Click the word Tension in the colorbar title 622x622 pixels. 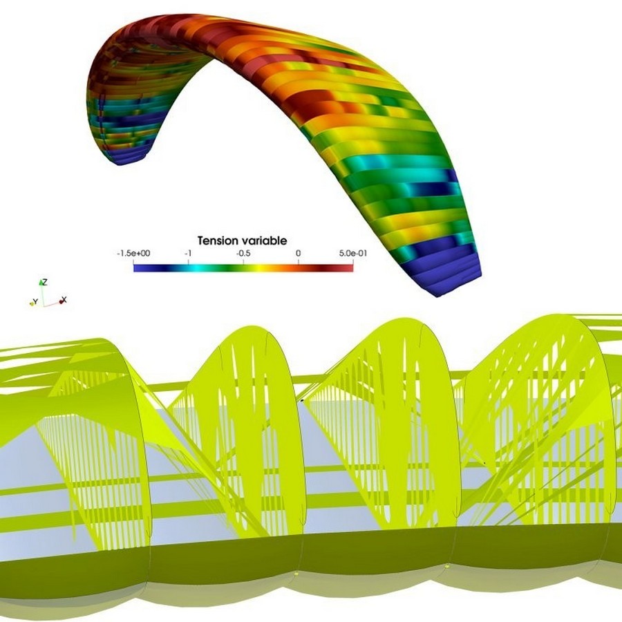(x=218, y=241)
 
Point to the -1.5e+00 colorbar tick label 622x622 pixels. (x=133, y=253)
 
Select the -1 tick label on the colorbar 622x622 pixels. (x=189, y=253)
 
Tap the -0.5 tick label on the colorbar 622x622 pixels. (x=243, y=253)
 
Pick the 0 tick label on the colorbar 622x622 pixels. (x=299, y=253)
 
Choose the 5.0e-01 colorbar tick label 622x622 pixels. (x=353, y=253)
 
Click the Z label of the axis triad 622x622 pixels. (x=45, y=282)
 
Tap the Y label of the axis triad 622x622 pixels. (x=36, y=302)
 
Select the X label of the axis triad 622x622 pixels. (x=64, y=299)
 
